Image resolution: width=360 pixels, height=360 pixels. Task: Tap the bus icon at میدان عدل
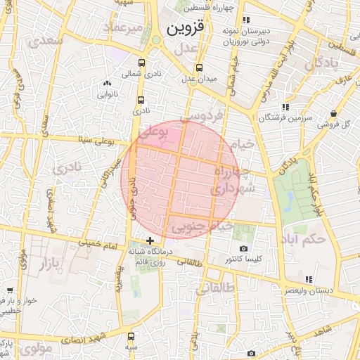tap(200, 68)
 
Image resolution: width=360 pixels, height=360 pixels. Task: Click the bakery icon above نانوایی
tap(107, 83)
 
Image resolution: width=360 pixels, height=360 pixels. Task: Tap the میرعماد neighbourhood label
tap(124, 27)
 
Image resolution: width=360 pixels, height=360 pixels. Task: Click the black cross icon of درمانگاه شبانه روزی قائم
tap(149, 240)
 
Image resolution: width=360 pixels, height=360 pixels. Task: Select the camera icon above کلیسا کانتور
tap(244, 248)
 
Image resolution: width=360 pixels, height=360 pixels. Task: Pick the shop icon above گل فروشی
tap(333, 113)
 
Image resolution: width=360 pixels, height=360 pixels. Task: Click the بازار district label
tap(42, 265)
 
